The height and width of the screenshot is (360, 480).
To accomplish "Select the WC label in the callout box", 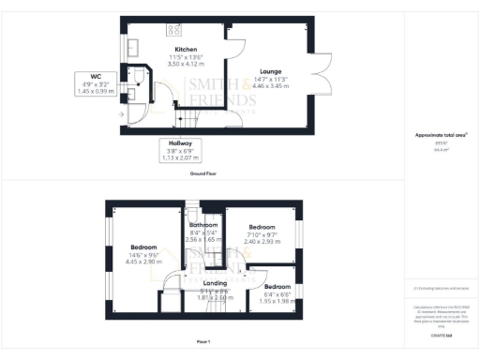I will (96, 77).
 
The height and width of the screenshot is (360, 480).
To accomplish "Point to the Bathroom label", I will (203, 226).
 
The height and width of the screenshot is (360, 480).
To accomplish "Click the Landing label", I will (216, 283).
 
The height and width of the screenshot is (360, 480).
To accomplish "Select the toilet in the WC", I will (140, 75).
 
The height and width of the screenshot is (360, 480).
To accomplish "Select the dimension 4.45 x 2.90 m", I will (143, 262).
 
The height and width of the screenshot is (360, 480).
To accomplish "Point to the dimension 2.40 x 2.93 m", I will (260, 242).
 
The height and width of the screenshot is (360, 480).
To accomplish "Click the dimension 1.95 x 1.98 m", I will (277, 301).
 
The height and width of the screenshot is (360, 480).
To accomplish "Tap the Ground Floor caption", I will (203, 173).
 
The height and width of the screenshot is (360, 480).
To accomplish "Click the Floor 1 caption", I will (202, 342).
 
